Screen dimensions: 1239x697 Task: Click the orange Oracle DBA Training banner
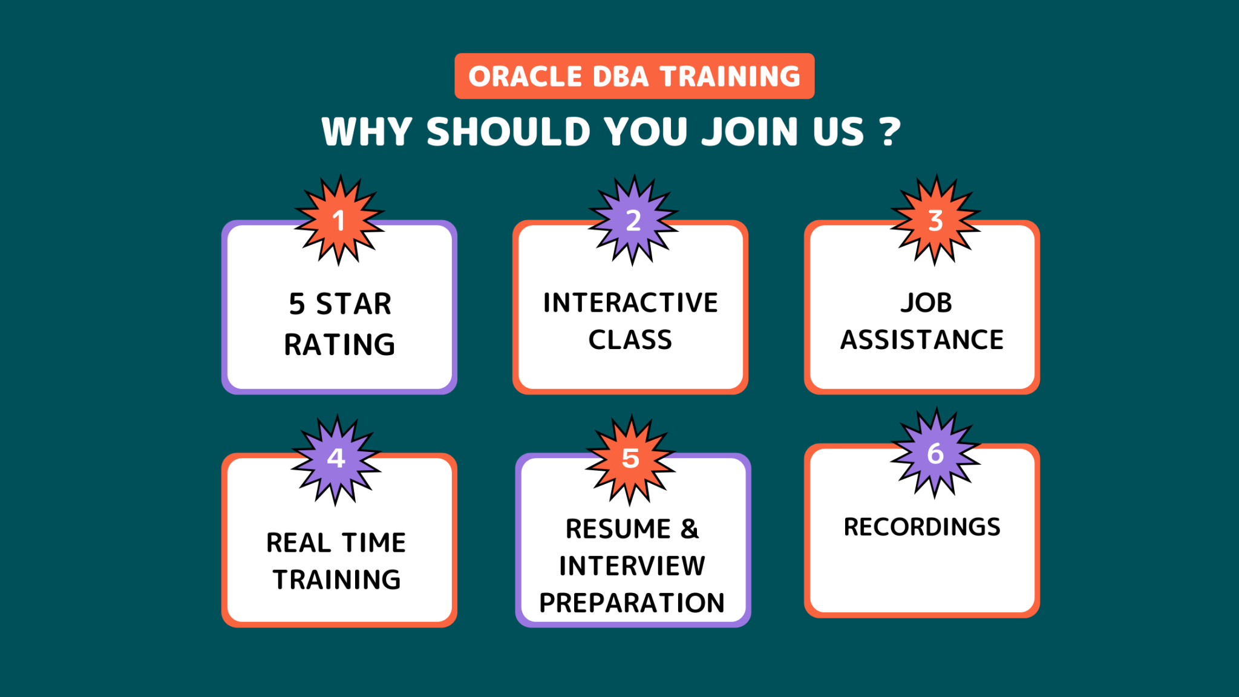[x=635, y=76]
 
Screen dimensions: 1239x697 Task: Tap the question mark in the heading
[x=890, y=132]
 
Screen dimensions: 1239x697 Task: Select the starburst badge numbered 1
[x=339, y=220]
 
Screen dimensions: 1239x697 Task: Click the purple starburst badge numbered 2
[x=633, y=220]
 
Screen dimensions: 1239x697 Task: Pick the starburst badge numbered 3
[x=935, y=220]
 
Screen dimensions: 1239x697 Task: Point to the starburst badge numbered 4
[x=336, y=460]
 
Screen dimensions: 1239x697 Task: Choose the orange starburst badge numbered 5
[x=630, y=460]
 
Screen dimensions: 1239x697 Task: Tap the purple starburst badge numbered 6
[x=935, y=453]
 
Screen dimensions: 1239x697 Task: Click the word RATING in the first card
[x=339, y=345]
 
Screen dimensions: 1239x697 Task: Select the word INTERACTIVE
[x=630, y=303]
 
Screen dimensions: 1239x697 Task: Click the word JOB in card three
[x=926, y=303]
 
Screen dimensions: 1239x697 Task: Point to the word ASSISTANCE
[x=922, y=340]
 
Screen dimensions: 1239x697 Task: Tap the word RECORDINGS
[x=922, y=527]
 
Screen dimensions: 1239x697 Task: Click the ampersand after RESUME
[x=690, y=529]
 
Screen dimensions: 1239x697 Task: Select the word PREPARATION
[x=632, y=603]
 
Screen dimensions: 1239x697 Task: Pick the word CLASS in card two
[x=630, y=340]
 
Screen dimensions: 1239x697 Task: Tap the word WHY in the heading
[x=367, y=132]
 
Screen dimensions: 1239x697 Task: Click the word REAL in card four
[x=298, y=543]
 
